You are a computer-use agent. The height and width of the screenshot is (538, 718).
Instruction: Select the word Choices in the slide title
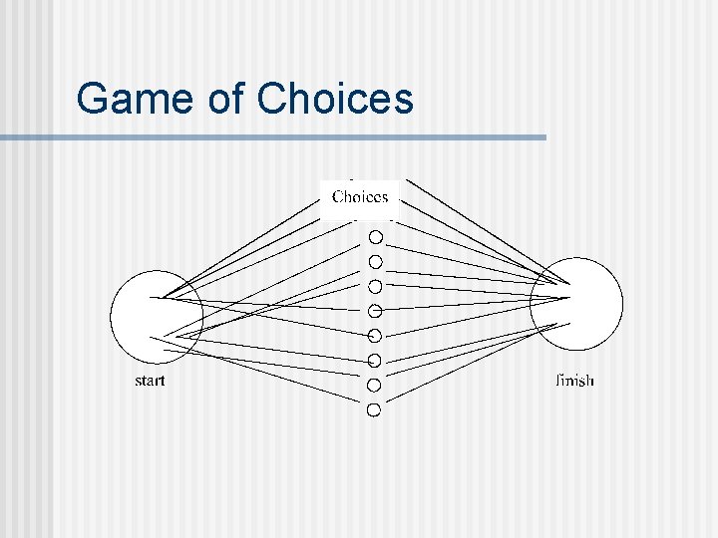[334, 100]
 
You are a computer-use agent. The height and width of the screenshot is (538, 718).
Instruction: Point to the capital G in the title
[93, 100]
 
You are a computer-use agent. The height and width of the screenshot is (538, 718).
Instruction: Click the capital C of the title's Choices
[272, 100]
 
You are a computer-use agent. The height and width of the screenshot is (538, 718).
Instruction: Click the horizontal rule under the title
[273, 137]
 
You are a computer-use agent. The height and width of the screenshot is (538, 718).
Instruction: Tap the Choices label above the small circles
[360, 196]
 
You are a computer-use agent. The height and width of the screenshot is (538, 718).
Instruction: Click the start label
[150, 381]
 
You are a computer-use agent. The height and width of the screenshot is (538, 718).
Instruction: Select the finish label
[573, 381]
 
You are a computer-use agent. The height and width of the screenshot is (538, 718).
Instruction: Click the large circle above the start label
[157, 317]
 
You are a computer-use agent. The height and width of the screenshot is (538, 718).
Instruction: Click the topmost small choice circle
[375, 237]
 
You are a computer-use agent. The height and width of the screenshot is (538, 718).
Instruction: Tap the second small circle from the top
[375, 262]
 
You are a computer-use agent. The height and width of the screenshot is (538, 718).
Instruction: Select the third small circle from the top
[375, 287]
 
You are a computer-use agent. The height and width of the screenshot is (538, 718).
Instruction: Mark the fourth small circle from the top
[375, 311]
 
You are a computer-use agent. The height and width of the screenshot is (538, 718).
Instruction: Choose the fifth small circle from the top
[375, 335]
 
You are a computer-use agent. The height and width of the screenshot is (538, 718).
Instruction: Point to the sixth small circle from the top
[375, 360]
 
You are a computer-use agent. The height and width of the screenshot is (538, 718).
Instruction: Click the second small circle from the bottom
[374, 385]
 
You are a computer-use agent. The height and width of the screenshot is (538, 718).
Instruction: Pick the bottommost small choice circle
[374, 409]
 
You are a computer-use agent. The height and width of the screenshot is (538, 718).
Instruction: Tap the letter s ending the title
[402, 100]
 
